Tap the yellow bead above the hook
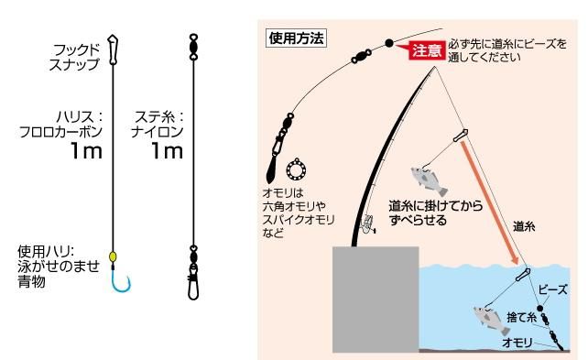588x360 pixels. coord(113,256)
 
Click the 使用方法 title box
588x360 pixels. coord(296,38)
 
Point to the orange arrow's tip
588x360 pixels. coord(517,264)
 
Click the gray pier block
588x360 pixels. coord(376,300)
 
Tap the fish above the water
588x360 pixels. coord(429,180)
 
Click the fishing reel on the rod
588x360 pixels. coord(368,224)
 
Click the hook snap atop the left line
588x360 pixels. coord(113,49)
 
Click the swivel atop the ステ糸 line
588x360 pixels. coord(193,48)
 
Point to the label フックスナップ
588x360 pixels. coord(75,57)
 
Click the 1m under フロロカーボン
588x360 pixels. coord(86,151)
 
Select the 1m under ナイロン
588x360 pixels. coord(167,151)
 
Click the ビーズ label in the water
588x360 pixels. coord(553,289)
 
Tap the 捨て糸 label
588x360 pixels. coord(522,317)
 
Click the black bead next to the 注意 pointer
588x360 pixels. coord(389,43)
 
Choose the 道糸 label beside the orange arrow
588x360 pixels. coord(524,226)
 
